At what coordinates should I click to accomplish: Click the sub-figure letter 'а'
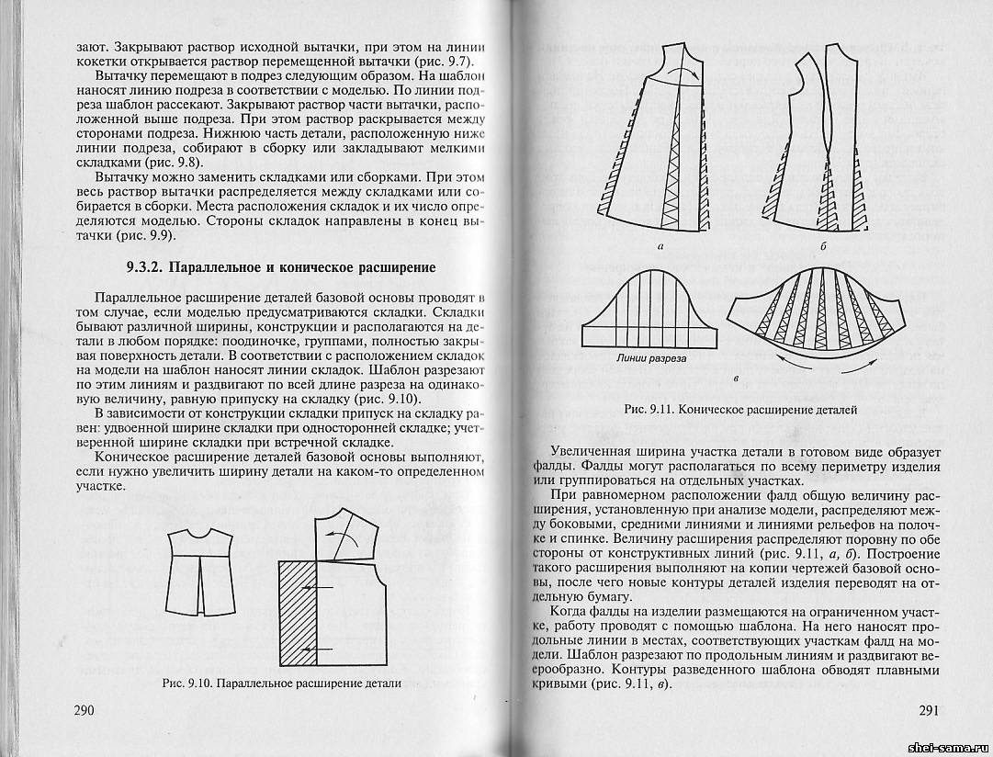tap(661, 247)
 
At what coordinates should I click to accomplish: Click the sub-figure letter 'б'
tap(824, 247)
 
